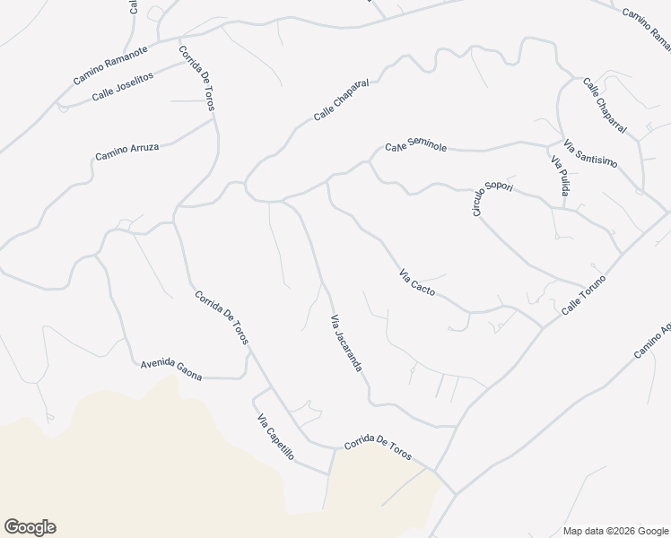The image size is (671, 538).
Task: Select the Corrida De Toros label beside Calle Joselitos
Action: [x=197, y=78]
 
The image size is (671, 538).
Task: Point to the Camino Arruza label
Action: [x=127, y=152]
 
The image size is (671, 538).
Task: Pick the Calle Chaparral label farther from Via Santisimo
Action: [x=342, y=101]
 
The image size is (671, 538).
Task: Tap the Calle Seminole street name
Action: [x=415, y=144]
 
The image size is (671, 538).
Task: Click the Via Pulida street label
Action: [x=560, y=177]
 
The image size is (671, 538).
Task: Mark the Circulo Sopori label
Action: [x=490, y=195]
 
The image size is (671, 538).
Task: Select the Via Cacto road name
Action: [x=417, y=283]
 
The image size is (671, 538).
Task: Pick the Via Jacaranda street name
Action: [x=346, y=343]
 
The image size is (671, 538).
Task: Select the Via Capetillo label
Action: [x=275, y=438]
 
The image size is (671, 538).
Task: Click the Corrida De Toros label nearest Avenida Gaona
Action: [x=221, y=318]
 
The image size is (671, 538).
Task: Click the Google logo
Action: [x=30, y=527]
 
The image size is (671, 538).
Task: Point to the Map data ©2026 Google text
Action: [x=614, y=530]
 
